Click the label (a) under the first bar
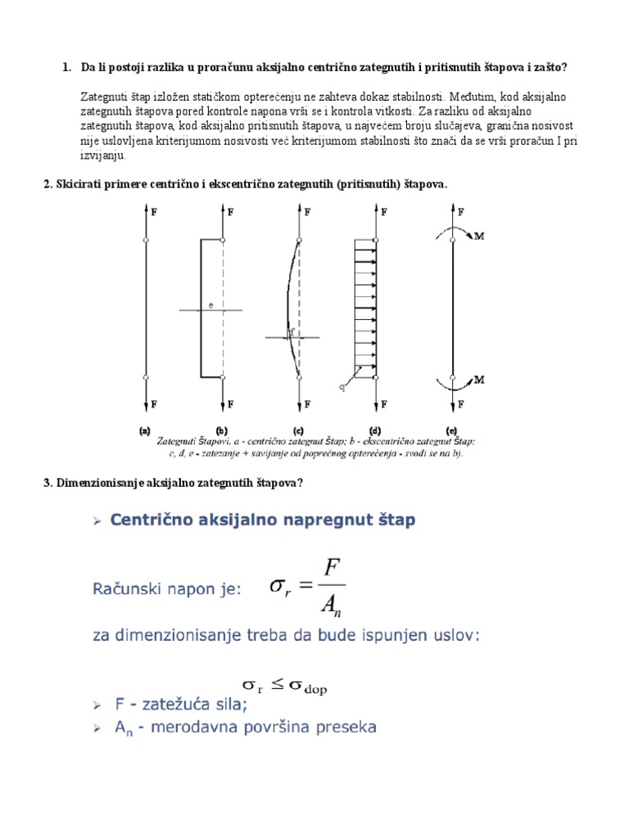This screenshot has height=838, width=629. point(145,430)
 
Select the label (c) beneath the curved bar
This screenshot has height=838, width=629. point(298,430)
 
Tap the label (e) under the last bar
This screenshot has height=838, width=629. point(451,430)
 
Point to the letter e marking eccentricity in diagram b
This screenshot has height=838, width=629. point(210,305)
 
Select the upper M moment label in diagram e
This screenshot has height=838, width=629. point(481,236)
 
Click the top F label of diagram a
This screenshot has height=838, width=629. point(155,211)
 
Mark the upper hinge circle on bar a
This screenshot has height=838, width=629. point(145,240)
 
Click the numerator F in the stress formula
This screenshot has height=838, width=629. point(332,566)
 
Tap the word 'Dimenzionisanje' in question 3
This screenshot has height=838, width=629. point(95,483)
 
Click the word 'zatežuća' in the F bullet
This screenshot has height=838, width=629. point(163,704)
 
